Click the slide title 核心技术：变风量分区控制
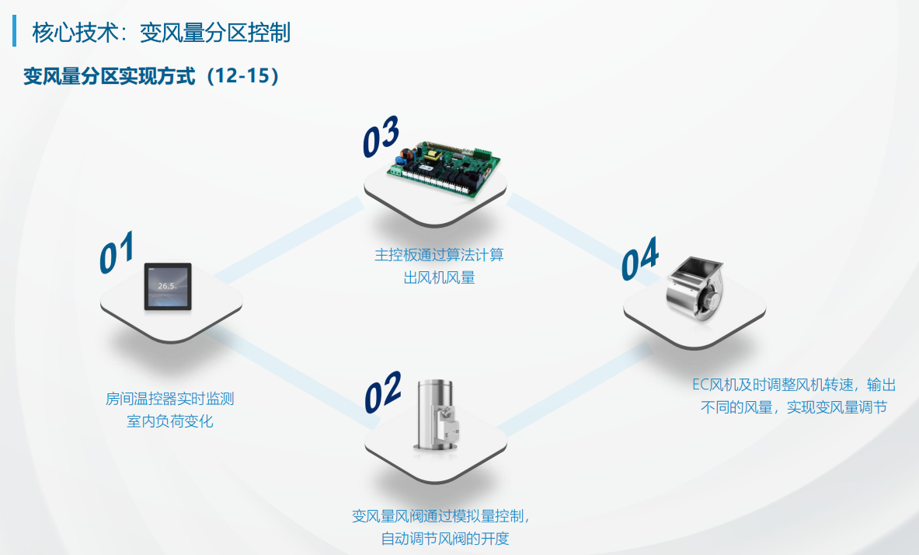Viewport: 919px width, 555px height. (x=161, y=33)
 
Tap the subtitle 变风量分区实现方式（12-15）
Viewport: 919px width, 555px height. (x=152, y=75)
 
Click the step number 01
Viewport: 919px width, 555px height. (x=117, y=253)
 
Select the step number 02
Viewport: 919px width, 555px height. (x=383, y=392)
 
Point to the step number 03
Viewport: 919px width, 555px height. (x=381, y=136)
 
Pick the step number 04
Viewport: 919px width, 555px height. (x=640, y=259)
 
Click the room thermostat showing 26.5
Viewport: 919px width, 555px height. (x=168, y=286)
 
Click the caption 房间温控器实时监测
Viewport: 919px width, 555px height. (x=170, y=399)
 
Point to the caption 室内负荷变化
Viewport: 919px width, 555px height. (x=170, y=421)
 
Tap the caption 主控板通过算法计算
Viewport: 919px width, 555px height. (x=439, y=255)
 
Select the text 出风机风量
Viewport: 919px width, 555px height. (x=439, y=277)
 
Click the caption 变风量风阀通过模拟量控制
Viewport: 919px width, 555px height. (x=440, y=516)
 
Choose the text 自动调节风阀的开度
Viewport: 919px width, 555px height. (x=445, y=539)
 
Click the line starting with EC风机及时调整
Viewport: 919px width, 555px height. (x=794, y=385)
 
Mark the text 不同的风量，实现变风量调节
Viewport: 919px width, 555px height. (x=794, y=407)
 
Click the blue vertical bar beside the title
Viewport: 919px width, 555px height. (x=15, y=30)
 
